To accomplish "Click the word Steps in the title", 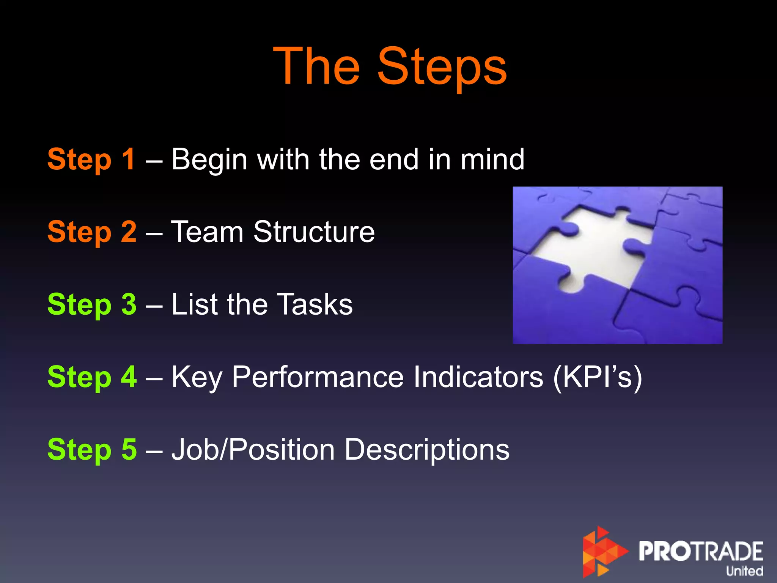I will click(442, 67).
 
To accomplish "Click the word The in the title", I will click(317, 67).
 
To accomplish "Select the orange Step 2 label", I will click(91, 232).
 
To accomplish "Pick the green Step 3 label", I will click(91, 304).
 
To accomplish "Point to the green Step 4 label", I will click(91, 377).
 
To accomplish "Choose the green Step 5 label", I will click(91, 449).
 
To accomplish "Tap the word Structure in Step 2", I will click(314, 232).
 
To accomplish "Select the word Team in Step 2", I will click(207, 232).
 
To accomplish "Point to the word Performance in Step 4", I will click(318, 377).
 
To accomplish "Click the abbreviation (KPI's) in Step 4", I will click(598, 377).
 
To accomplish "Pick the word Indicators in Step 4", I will click(478, 377).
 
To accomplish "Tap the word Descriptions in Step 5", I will click(427, 450).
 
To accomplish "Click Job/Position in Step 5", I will click(253, 450).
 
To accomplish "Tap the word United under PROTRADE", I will click(744, 571).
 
